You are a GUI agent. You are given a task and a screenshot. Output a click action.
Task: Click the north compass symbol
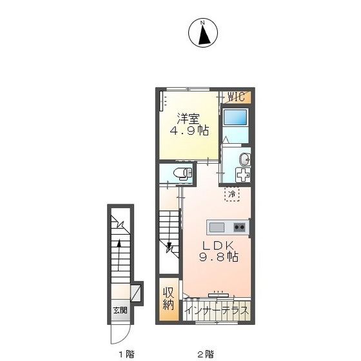tap(203, 33)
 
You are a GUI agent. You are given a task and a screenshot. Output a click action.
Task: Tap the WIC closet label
tap(236, 97)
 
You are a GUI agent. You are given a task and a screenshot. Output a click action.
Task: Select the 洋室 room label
tap(188, 119)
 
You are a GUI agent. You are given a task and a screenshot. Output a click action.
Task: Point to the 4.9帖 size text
tap(190, 130)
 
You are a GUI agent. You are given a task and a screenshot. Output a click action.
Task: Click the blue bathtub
tap(235, 117)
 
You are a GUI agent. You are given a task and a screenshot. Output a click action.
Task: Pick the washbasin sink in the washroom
tap(245, 159)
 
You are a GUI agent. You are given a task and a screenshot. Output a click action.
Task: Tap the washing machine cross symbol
tap(242, 175)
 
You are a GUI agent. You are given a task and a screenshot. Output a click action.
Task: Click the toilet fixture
tap(182, 173)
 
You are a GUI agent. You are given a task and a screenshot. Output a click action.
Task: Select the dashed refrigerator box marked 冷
tap(232, 194)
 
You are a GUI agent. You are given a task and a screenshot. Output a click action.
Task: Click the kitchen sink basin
tap(217, 228)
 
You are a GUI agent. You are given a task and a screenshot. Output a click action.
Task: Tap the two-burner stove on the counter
tap(239, 228)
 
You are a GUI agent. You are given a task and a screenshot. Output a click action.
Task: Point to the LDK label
tap(218, 246)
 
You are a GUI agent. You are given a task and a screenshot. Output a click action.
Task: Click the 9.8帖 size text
tap(219, 257)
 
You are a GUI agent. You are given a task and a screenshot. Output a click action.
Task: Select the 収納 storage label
tap(169, 299)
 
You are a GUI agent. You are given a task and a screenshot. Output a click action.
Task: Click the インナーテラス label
tap(217, 311)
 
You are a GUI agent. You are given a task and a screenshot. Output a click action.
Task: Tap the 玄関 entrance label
tap(120, 310)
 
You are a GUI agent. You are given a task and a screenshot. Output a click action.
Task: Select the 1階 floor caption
tap(126, 353)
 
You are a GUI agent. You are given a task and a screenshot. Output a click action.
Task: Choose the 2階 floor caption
tap(206, 353)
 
